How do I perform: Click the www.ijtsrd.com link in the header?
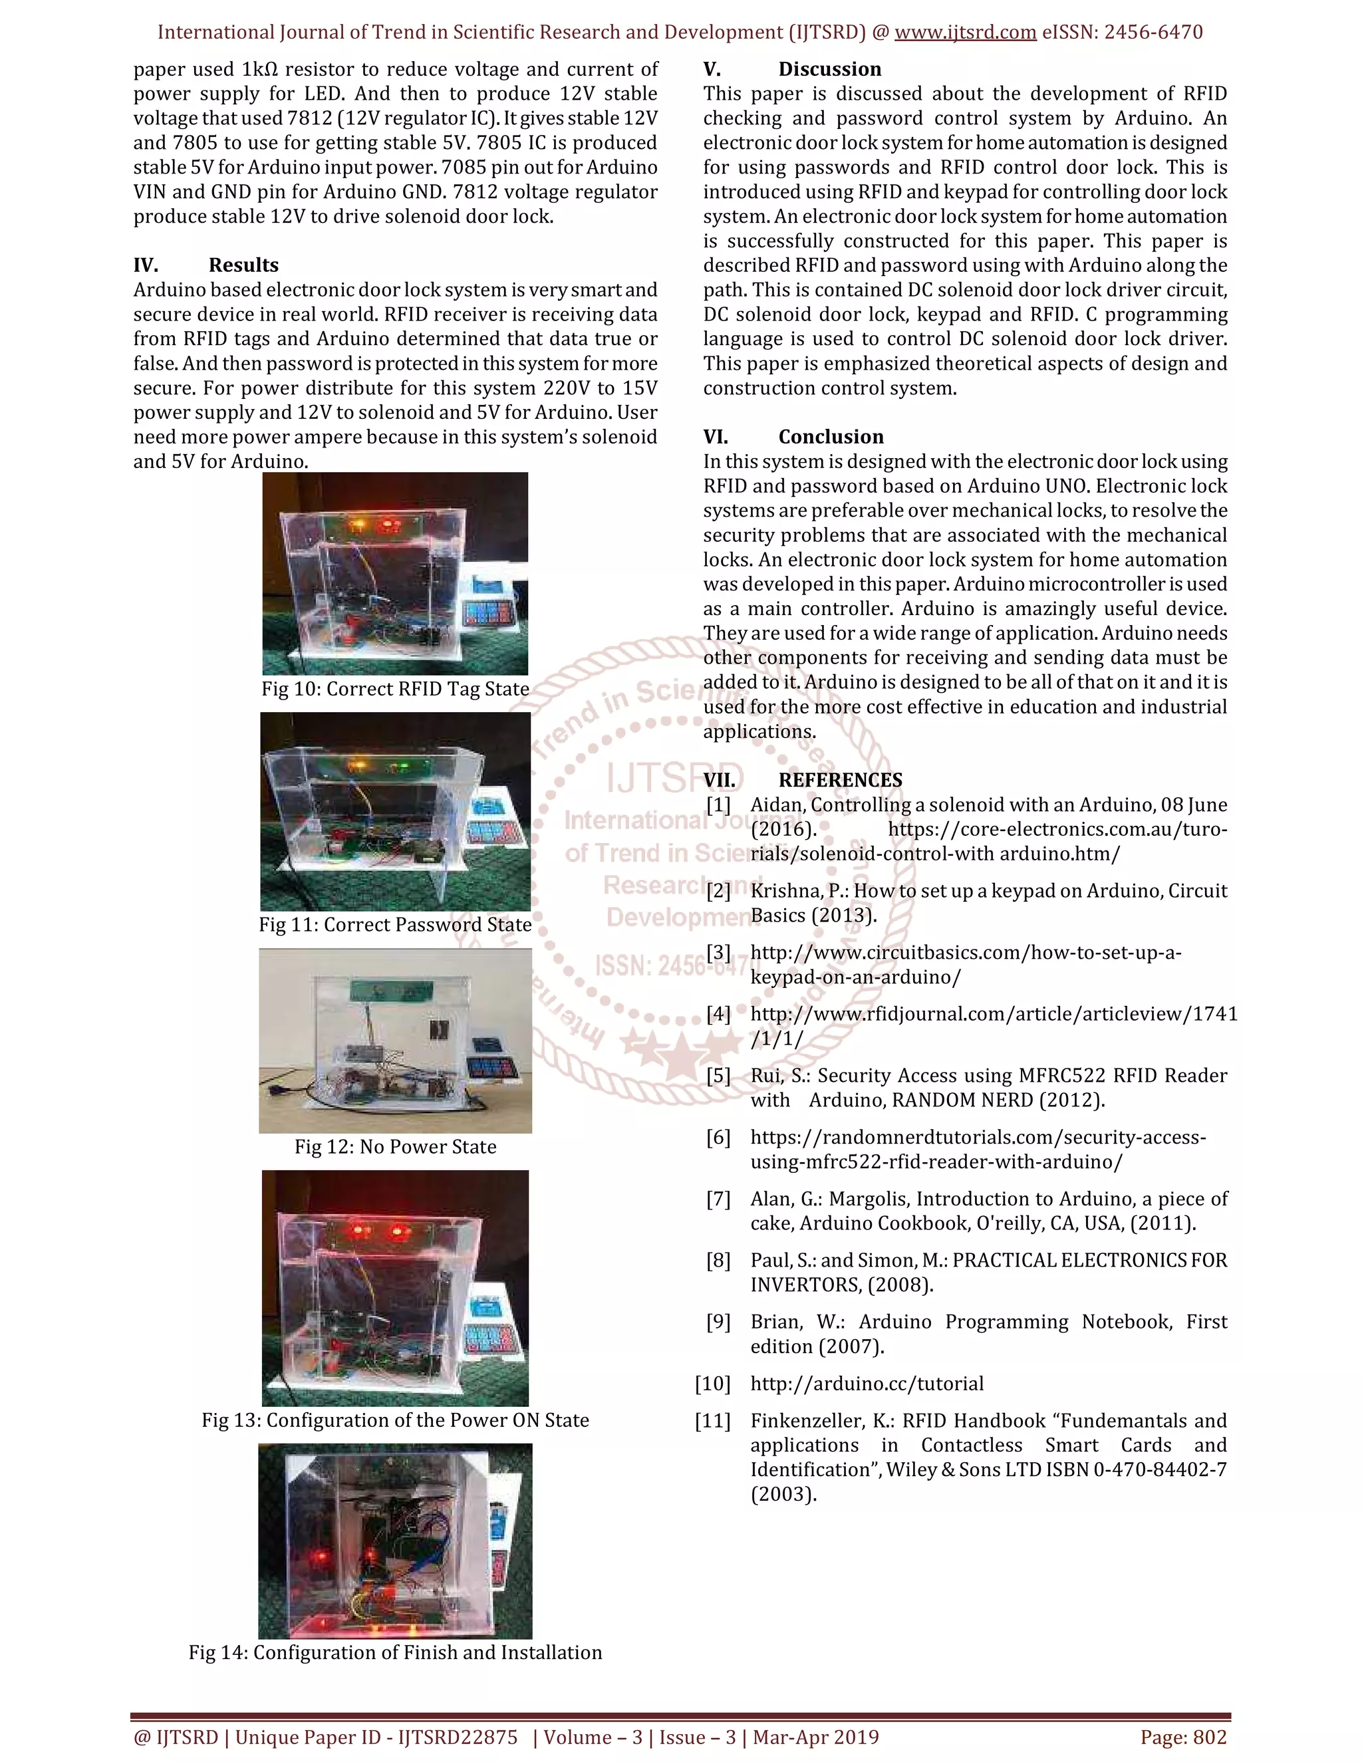[965, 33]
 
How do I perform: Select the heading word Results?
[243, 265]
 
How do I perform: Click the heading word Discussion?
[829, 69]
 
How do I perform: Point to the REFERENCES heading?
[840, 780]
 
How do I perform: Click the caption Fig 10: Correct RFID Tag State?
[394, 689]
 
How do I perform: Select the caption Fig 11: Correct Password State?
[394, 925]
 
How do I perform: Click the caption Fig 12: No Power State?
[394, 1146]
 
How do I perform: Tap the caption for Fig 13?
[394, 1420]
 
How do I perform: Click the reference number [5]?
[718, 1075]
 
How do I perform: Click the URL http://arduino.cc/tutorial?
[867, 1384]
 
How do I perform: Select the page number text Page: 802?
[1183, 1737]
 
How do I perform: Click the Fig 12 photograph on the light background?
[394, 1041]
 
